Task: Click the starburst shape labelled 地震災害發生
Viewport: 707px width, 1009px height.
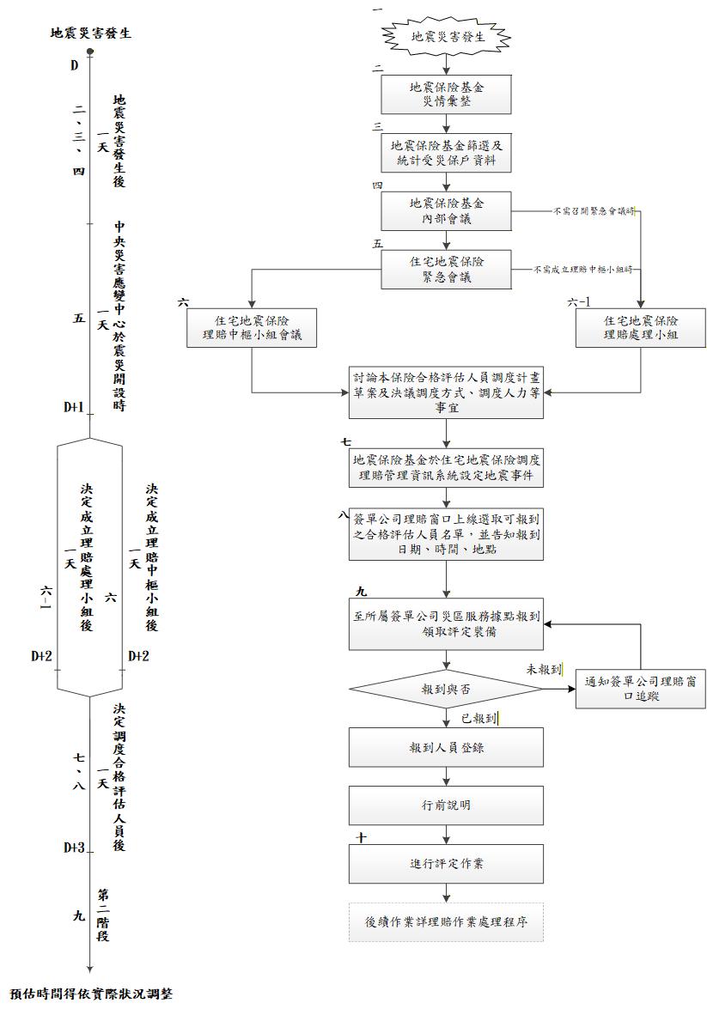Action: click(x=447, y=37)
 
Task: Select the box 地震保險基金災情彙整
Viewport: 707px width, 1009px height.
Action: click(x=447, y=94)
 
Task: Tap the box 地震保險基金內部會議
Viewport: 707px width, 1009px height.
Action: click(x=447, y=211)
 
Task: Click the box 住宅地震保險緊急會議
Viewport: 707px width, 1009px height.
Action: click(x=447, y=269)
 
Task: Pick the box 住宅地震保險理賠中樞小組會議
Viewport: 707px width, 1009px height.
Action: click(x=252, y=326)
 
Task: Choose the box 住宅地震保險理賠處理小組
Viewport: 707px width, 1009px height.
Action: click(x=640, y=326)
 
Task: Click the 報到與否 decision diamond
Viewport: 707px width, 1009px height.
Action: click(x=447, y=689)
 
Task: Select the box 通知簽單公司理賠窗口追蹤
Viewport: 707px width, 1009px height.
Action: click(x=640, y=689)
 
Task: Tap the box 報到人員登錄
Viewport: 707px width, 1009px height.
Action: click(x=447, y=747)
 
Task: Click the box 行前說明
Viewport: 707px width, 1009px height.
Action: click(x=447, y=805)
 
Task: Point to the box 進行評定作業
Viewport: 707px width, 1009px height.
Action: click(x=447, y=863)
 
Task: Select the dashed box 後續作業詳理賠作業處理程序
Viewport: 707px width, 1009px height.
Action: click(x=447, y=921)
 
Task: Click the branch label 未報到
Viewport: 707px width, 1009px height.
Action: click(x=545, y=669)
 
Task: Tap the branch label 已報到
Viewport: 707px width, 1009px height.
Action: click(x=481, y=716)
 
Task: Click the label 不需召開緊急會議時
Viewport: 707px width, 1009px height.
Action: click(x=594, y=210)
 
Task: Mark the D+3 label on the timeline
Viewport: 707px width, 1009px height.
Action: click(x=73, y=848)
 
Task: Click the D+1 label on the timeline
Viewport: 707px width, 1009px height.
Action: click(x=73, y=407)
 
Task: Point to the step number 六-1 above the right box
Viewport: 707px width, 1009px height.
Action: click(x=581, y=302)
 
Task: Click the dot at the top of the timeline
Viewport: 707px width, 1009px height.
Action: click(x=89, y=52)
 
